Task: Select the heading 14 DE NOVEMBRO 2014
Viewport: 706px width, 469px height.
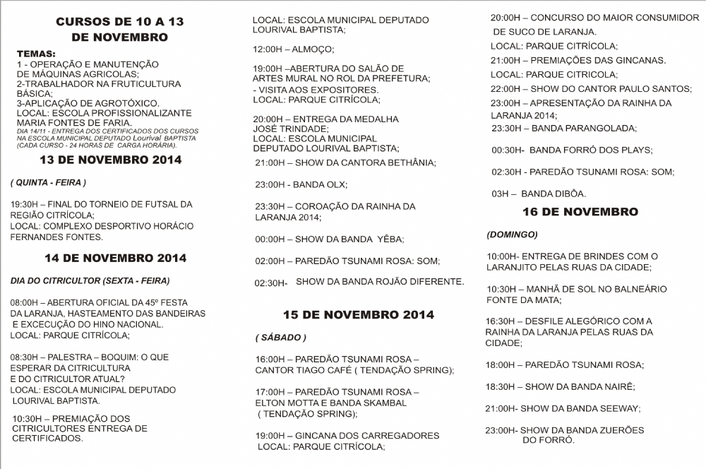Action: [115, 258]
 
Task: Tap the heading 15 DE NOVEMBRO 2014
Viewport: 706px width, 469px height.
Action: [359, 314]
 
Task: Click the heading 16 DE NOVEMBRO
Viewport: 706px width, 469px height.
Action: [580, 212]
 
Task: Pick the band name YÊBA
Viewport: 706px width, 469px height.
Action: [386, 239]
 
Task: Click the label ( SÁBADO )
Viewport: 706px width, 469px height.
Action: [280, 338]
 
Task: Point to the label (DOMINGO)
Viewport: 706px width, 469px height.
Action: [512, 234]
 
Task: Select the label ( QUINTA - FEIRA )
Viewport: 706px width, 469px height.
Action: [48, 182]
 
